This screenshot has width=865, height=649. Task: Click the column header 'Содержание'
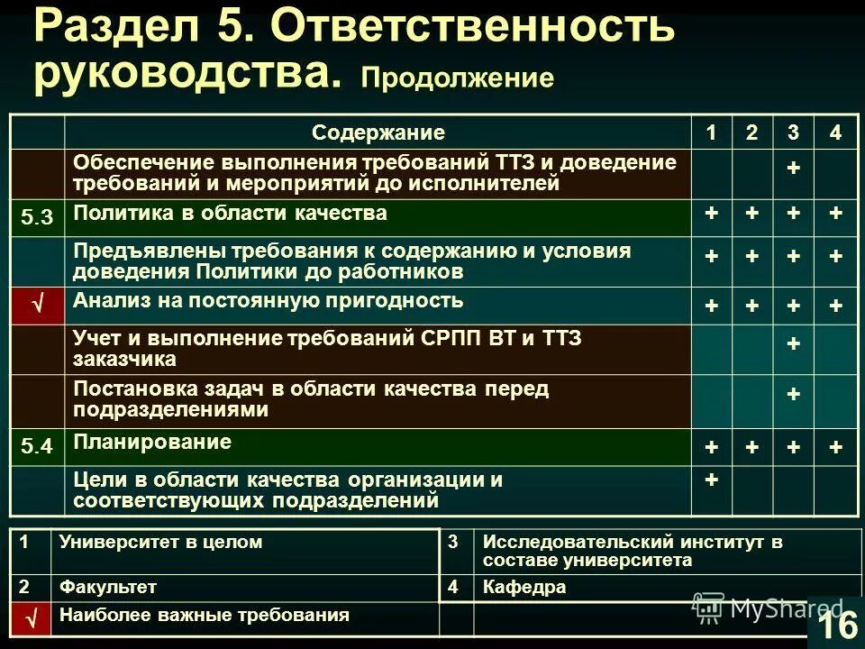(x=378, y=133)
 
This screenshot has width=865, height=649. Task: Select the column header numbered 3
(x=793, y=133)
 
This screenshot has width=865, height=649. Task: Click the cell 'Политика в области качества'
(x=231, y=214)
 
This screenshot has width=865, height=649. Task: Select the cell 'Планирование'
(x=152, y=442)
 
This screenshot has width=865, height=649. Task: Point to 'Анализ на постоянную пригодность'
(x=269, y=300)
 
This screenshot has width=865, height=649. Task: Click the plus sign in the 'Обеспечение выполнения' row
(x=793, y=169)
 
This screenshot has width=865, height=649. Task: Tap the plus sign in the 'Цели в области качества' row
(x=711, y=480)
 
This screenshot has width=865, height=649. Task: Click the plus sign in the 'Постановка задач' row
(x=793, y=394)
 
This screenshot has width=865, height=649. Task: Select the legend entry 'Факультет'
(x=108, y=587)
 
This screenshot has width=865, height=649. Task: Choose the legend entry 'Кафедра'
(x=524, y=587)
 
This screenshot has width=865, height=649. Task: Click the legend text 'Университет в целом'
(x=160, y=542)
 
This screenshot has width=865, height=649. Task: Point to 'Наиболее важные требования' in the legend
(x=204, y=617)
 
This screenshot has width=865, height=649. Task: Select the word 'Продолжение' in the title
(x=457, y=78)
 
